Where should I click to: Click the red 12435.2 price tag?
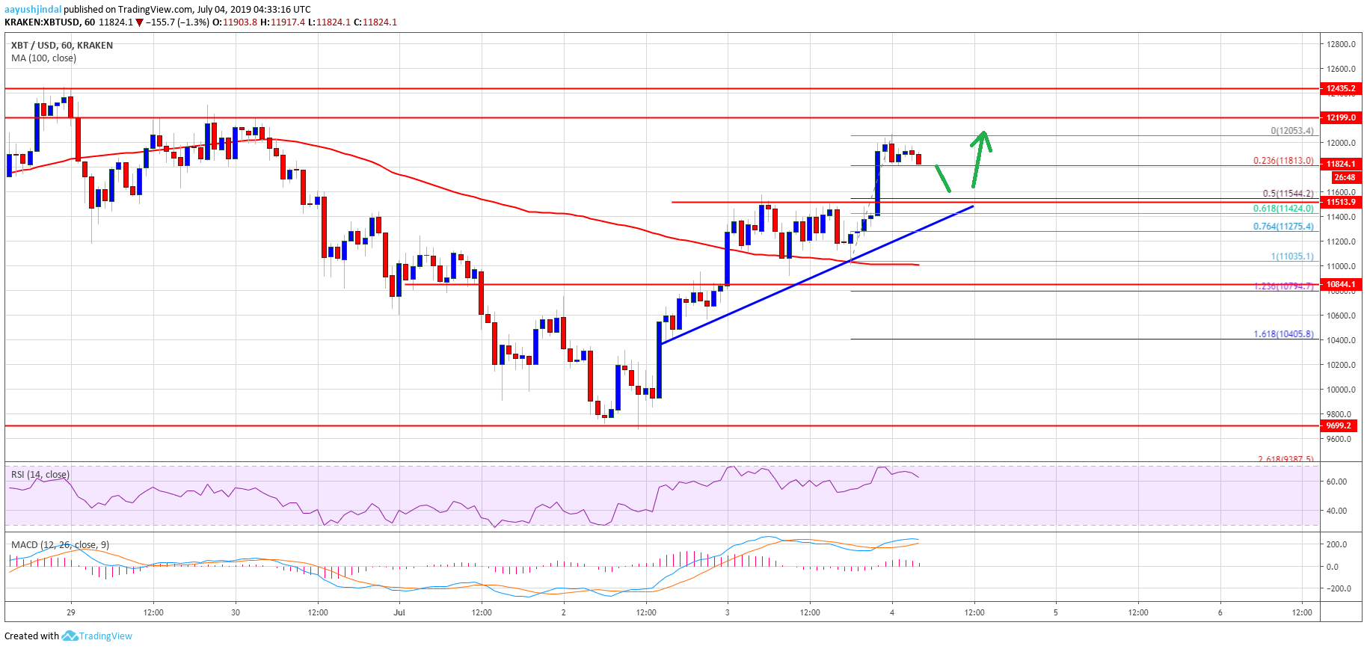[x=1340, y=88]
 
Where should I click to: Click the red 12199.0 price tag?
[x=1340, y=117]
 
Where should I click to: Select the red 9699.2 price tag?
[x=1338, y=425]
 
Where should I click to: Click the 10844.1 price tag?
[x=1340, y=284]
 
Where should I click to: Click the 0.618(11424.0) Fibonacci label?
[x=1283, y=209]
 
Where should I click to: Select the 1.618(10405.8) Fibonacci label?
[x=1283, y=334]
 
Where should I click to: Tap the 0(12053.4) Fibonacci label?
[x=1291, y=131]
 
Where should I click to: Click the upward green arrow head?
[x=983, y=138]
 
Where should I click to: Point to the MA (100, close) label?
[x=43, y=58]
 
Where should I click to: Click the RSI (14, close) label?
[x=40, y=475]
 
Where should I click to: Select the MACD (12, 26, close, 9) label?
[x=60, y=544]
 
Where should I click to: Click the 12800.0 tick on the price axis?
[x=1341, y=44]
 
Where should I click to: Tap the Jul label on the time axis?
[x=399, y=612]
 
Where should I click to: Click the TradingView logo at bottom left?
[x=96, y=636]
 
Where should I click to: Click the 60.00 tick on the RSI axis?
[x=1336, y=482]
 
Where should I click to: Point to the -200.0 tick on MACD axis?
[x=1336, y=588]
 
